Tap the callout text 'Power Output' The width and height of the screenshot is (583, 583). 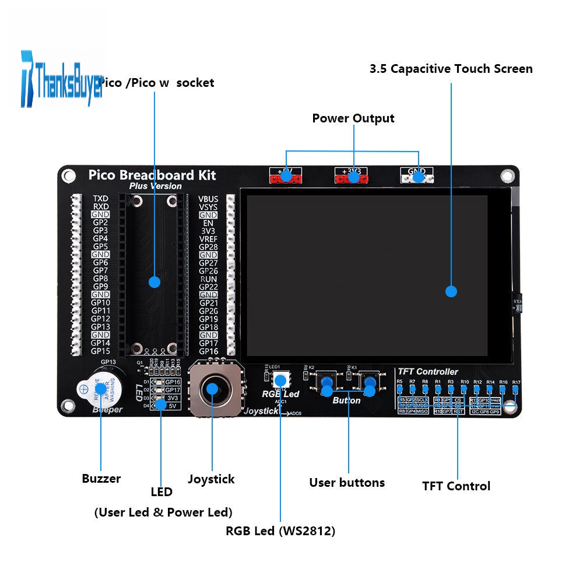[x=353, y=118]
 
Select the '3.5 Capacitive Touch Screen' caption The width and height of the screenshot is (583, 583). [x=451, y=69]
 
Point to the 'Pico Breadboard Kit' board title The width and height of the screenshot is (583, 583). [x=152, y=175]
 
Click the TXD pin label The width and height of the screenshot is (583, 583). [x=101, y=199]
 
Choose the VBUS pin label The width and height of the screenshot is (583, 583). [x=208, y=199]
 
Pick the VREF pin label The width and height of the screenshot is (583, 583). [x=208, y=239]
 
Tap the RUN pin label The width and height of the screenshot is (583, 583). [x=209, y=279]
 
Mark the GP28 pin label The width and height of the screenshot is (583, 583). [x=208, y=247]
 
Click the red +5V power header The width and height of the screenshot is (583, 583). [x=286, y=175]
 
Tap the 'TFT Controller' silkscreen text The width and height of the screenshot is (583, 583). [x=427, y=371]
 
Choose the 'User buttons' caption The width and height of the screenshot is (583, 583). [x=347, y=483]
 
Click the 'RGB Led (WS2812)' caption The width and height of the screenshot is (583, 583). [x=280, y=531]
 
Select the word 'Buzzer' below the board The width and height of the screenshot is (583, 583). [x=101, y=479]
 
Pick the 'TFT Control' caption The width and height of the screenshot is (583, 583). [x=456, y=486]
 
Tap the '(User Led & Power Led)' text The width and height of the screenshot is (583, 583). [x=163, y=512]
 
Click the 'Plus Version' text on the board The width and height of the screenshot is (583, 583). [x=155, y=187]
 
